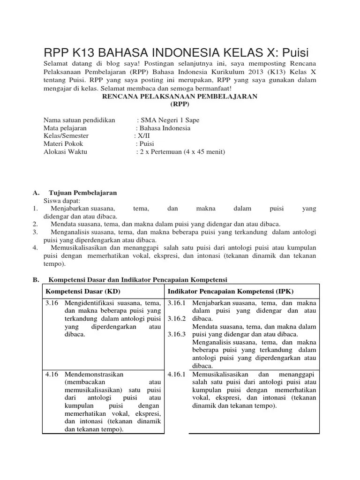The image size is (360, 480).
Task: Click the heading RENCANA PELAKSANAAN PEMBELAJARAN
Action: [180, 96]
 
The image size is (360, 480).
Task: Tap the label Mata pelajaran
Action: [65, 128]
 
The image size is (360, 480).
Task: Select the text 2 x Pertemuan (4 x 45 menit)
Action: [182, 152]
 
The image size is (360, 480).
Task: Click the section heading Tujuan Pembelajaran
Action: [82, 193]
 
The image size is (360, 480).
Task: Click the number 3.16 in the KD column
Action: [52, 303]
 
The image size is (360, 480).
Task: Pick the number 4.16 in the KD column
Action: [52, 375]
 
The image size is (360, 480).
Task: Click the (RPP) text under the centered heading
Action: [180, 104]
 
